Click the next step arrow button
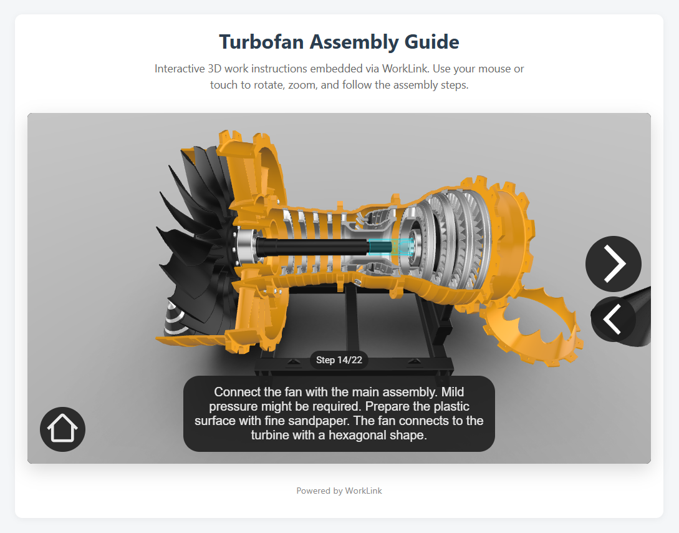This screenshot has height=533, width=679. click(x=613, y=263)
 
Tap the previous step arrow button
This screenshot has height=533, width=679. click(x=613, y=319)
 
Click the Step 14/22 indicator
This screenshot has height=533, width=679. click(x=339, y=360)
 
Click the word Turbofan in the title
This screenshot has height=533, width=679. click(x=261, y=42)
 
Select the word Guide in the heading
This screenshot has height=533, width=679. click(x=431, y=42)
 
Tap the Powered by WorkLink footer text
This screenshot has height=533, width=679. click(x=339, y=491)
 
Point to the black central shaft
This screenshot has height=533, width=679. click(x=312, y=247)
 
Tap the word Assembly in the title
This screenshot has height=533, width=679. click(x=354, y=42)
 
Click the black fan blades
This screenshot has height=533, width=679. click(x=195, y=243)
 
